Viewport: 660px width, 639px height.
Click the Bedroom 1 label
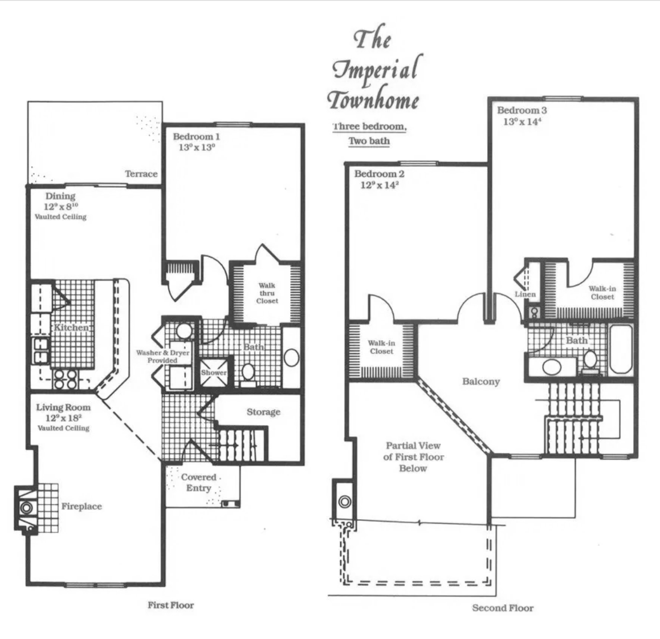coord(196,136)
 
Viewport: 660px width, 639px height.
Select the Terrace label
coord(141,174)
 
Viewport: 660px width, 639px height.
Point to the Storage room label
coord(263,412)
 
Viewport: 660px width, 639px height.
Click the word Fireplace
coord(82,506)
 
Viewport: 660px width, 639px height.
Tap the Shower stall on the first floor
coord(214,373)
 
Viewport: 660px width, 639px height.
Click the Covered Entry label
coord(199,483)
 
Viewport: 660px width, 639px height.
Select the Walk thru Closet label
coord(267,293)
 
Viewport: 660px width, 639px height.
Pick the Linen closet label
coord(525,294)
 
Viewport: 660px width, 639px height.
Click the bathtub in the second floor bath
coord(621,349)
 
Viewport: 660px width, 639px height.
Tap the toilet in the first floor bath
coord(248,374)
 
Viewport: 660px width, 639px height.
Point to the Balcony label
coord(481,382)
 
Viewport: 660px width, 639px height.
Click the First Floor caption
coord(171,605)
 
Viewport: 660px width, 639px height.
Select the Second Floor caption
coord(503,608)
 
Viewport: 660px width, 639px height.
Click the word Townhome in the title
coord(373,100)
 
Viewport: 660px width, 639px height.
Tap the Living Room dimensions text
coord(64,418)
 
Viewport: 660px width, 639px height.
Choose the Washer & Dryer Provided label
coord(162,357)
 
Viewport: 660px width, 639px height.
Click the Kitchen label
coord(71,327)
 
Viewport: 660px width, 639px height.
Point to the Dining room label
coord(60,196)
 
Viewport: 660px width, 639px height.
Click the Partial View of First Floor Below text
coord(413,457)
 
